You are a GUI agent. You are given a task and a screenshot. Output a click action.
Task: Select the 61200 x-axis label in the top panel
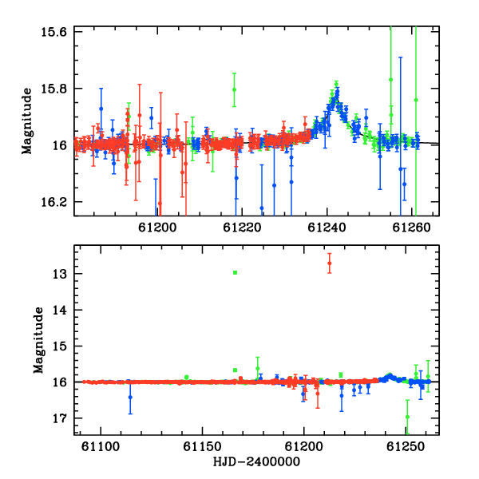pos(157,228)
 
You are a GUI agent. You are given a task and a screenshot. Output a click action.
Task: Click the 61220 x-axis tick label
pos(242,228)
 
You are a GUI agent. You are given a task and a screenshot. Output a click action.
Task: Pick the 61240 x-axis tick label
pos(327,228)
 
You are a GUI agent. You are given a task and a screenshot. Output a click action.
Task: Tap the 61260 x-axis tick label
pos(411,228)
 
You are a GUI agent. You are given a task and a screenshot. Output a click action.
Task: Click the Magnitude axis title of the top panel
pos(26,121)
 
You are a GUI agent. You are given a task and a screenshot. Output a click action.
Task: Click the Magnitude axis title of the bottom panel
pos(38,340)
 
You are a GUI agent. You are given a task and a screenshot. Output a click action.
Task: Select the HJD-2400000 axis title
pos(256,461)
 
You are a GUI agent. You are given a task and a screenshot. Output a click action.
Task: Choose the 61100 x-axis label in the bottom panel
pos(101,446)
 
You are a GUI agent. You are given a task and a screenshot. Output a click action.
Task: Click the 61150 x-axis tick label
pos(202,446)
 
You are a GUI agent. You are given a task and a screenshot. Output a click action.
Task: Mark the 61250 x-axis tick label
pos(406,446)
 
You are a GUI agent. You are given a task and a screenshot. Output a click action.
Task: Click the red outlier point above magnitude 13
pos(329,263)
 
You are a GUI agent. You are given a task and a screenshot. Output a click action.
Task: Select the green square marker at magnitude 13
pos(235,272)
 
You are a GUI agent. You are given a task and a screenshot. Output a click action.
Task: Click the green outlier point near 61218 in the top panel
pos(234,89)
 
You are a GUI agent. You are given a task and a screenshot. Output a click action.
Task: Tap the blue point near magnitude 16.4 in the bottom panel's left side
pos(130,397)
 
